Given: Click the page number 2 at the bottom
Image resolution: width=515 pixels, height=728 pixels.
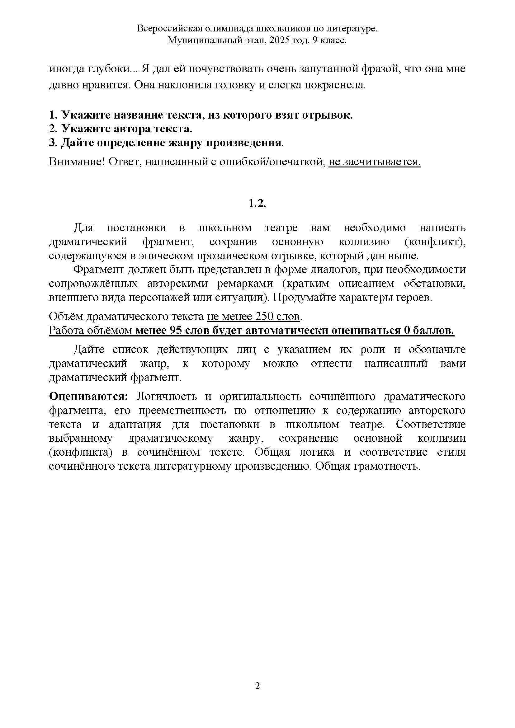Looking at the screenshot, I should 257,686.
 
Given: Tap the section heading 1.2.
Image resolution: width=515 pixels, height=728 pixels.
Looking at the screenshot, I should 257,203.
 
